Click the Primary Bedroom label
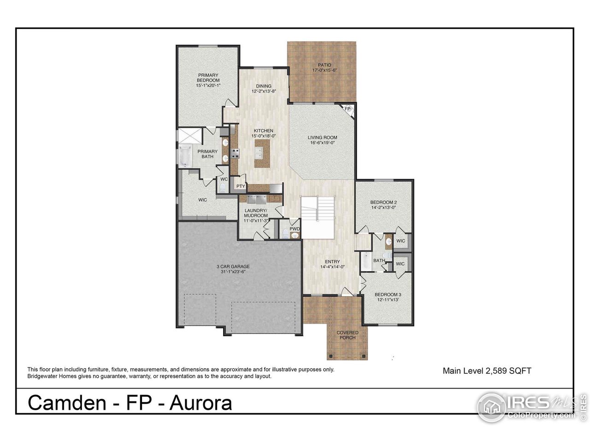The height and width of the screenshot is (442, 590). [208, 77]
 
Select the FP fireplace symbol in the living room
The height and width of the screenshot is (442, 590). [348, 109]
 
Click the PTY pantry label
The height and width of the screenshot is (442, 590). [240, 186]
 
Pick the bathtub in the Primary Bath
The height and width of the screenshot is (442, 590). [185, 155]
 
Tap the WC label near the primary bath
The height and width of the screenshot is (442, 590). [224, 179]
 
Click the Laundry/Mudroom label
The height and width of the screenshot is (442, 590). [256, 213]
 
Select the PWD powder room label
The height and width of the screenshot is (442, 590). [295, 228]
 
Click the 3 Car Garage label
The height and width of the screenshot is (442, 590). [233, 267]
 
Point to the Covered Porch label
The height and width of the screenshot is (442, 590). [347, 335]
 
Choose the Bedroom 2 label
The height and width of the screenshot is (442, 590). [383, 202]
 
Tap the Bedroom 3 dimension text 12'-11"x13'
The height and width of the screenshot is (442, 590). [386, 300]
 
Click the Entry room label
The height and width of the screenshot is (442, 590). [332, 262]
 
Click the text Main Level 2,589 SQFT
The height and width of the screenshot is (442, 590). [487, 370]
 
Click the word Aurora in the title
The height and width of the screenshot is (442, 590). [201, 403]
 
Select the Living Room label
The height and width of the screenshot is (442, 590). [323, 137]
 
